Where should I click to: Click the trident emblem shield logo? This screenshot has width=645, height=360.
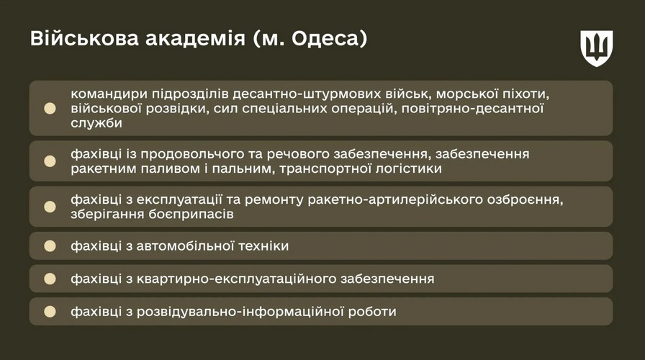pos(597,48)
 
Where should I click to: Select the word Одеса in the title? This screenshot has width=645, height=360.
pos(326,39)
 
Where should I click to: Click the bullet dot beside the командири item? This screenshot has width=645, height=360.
pos(50,108)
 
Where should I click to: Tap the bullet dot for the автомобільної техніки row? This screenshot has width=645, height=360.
pos(50,246)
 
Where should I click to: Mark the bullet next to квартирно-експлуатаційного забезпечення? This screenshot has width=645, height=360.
pos(50,279)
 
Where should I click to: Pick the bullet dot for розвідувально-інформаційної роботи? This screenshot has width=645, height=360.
pos(50,312)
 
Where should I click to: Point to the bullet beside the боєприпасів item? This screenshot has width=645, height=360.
pos(50,207)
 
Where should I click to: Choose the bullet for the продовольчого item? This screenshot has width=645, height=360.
pos(50,161)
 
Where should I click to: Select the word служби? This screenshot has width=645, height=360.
pos(96,123)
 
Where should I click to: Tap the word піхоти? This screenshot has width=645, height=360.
pos(526,94)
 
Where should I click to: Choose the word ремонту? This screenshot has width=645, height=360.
pos(274,200)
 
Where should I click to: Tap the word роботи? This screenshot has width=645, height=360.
pos(372,312)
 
